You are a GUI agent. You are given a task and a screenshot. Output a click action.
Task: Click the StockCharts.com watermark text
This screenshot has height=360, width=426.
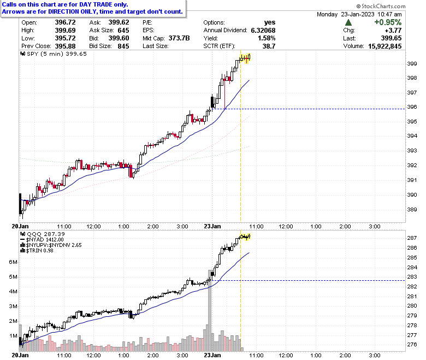(381, 6)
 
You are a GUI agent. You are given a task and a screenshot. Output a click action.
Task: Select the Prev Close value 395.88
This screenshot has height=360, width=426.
(65, 46)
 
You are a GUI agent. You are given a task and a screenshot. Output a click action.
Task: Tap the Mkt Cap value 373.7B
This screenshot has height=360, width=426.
(179, 38)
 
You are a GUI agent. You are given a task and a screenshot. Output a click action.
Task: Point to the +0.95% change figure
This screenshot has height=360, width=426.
(388, 22)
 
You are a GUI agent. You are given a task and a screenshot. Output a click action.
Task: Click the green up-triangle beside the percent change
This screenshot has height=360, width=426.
(348, 22)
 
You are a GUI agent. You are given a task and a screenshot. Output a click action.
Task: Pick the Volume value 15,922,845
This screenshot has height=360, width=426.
(384, 46)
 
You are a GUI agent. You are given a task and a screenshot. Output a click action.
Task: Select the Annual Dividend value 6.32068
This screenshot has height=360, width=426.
(263, 30)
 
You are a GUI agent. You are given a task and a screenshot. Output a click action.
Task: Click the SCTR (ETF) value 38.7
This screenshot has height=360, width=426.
(269, 46)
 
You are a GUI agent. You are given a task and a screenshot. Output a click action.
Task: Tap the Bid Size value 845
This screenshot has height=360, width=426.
(123, 46)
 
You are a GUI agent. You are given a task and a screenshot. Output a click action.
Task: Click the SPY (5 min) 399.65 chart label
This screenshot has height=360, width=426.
(54, 54)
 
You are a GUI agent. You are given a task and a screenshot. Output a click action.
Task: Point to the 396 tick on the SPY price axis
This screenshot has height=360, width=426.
(412, 107)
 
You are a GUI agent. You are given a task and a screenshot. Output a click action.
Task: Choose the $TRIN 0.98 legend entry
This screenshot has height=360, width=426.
(37, 251)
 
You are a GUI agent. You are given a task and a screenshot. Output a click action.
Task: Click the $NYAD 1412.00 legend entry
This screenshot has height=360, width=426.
(42, 240)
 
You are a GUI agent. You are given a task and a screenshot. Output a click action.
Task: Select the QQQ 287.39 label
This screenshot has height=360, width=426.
(43, 234)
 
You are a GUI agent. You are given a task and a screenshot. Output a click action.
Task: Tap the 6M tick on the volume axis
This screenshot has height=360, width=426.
(13, 262)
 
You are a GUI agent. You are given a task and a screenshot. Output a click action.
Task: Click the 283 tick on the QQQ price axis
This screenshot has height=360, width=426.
(412, 277)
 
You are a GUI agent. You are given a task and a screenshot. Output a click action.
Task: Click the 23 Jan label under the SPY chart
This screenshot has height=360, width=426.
(212, 226)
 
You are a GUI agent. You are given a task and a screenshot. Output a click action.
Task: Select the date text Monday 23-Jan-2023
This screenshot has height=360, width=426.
(346, 14)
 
